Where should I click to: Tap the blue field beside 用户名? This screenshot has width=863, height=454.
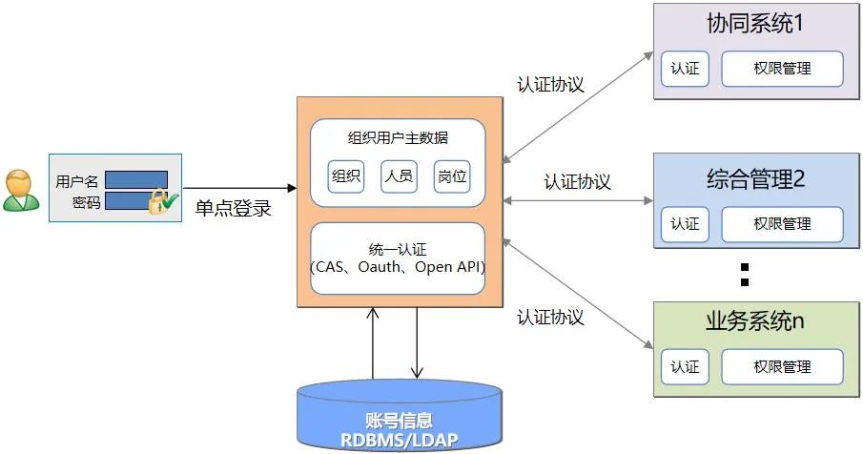click(135, 179)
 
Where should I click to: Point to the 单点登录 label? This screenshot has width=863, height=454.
click(234, 208)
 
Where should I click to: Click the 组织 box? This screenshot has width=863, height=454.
click(346, 175)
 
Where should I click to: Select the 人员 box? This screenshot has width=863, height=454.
click(399, 175)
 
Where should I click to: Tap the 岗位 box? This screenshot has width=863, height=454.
click(451, 175)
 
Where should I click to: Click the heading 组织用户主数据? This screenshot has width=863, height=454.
click(398, 137)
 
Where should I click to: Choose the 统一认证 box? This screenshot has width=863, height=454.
click(398, 258)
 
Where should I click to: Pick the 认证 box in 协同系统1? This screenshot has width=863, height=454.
click(685, 69)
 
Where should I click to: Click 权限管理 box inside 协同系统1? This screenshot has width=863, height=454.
click(782, 69)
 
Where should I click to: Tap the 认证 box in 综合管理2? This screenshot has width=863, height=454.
click(685, 224)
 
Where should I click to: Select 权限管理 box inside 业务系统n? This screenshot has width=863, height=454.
click(782, 367)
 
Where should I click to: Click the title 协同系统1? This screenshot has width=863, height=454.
click(754, 24)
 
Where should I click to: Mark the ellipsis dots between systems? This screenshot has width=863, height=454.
click(746, 273)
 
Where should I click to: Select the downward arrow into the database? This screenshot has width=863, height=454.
click(417, 343)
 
